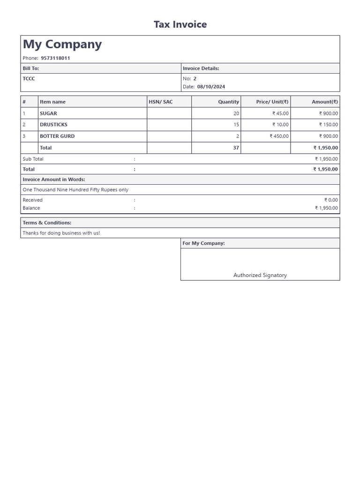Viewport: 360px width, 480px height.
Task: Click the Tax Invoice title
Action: click(x=180, y=24)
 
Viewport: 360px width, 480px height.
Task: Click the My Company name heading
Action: click(x=62, y=45)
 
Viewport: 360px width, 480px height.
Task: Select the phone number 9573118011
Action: click(x=55, y=58)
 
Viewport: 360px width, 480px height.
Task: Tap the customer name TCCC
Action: click(x=29, y=79)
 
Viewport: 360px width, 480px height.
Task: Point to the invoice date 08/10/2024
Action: click(x=211, y=87)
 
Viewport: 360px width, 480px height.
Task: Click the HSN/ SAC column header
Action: click(x=161, y=102)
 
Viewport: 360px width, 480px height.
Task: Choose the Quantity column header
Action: click(x=228, y=102)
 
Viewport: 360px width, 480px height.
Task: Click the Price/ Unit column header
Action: click(x=272, y=102)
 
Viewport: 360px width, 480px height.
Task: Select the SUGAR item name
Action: click(x=48, y=113)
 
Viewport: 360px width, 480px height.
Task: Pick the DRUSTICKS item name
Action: click(x=53, y=125)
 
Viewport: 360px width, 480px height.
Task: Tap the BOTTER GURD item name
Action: click(x=57, y=136)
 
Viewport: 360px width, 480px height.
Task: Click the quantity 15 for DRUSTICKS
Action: click(x=236, y=125)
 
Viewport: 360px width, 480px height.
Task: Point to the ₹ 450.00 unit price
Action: click(x=279, y=136)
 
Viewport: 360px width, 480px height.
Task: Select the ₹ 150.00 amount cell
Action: click(x=328, y=125)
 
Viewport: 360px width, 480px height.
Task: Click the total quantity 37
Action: click(x=236, y=148)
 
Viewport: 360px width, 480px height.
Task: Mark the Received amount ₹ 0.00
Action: click(x=331, y=200)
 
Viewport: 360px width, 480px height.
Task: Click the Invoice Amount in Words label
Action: click(x=54, y=180)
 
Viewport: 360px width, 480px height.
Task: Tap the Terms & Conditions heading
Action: click(x=47, y=223)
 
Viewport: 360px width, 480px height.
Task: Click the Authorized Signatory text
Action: click(x=260, y=275)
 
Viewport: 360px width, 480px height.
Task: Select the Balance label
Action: click(x=31, y=208)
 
